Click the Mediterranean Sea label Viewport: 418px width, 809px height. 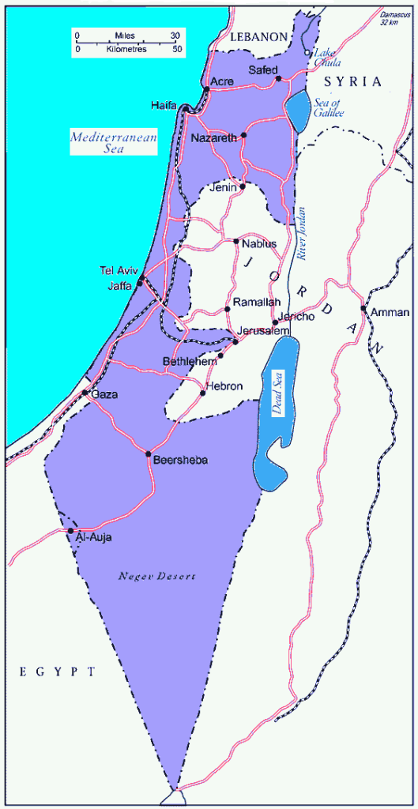113,142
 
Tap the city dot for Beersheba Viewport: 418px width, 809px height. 149,453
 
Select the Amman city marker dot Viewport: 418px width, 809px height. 363,308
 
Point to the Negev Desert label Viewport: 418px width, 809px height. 156,577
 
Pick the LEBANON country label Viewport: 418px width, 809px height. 258,36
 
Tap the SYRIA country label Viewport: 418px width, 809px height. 356,81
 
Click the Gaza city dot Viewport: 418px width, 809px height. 85,393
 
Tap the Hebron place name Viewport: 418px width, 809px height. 226,386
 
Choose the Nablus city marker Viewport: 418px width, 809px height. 236,241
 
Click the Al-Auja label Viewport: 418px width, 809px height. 93,537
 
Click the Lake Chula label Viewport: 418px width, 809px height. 329,57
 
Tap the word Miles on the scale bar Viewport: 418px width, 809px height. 126,36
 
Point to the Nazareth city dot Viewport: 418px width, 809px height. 244,135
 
